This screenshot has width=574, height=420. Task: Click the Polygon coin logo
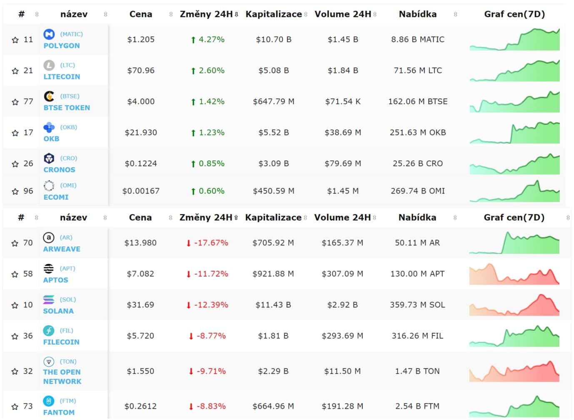[x=49, y=34]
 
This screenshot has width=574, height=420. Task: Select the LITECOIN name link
[x=62, y=77]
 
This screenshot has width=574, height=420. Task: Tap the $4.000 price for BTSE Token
[x=141, y=102]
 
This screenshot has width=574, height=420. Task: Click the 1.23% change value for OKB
[x=212, y=132]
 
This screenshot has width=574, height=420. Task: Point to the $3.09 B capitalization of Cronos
[x=274, y=163]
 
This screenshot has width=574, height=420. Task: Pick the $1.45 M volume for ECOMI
[x=343, y=191]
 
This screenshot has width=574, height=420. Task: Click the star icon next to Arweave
[x=15, y=243]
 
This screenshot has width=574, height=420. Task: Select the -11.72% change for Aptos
[x=211, y=274]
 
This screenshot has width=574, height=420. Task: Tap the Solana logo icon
[x=49, y=299]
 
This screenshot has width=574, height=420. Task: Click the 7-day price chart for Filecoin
[x=514, y=336]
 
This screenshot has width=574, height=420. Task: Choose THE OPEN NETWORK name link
[x=62, y=377]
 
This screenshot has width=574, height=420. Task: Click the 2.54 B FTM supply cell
[x=417, y=406]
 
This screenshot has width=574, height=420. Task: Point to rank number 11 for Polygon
[x=28, y=40]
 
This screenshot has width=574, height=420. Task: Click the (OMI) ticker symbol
[x=68, y=185]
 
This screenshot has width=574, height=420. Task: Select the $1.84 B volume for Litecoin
[x=343, y=70]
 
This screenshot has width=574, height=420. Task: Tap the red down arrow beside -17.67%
[x=189, y=243]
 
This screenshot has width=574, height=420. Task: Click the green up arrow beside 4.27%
[x=193, y=40]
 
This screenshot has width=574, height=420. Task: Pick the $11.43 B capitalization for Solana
[x=273, y=305]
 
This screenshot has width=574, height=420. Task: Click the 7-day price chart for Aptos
[x=514, y=274]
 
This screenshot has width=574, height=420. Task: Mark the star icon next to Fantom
[x=15, y=406]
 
